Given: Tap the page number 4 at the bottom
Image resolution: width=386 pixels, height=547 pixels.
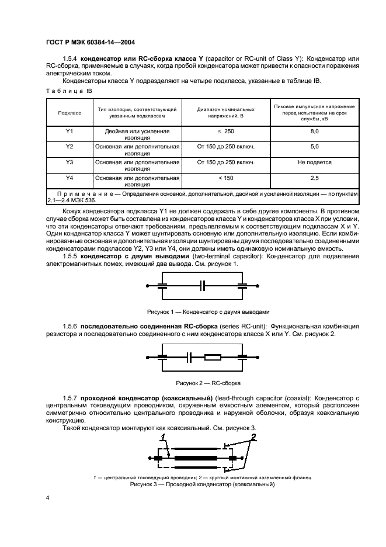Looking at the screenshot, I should (x=48, y=497).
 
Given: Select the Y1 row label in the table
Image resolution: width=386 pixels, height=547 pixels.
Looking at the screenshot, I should (x=69, y=132).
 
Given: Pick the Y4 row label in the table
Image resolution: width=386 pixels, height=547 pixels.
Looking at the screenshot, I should (x=69, y=178).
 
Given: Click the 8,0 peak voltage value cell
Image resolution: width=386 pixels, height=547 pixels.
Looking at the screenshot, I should (x=314, y=132).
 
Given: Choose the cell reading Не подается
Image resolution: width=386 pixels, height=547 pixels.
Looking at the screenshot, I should (x=314, y=162).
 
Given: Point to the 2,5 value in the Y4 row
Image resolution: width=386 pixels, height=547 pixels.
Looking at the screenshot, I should (x=314, y=178).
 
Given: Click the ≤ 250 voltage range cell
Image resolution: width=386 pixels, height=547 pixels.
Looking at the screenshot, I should (x=225, y=132).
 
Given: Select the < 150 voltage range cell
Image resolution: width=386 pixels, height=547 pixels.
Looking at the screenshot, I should (x=225, y=178).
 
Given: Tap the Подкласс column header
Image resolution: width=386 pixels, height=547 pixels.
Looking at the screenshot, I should (x=69, y=112).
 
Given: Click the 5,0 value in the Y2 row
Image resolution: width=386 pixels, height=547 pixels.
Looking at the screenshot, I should (x=314, y=147).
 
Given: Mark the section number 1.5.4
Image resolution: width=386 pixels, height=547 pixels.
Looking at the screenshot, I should (x=70, y=59).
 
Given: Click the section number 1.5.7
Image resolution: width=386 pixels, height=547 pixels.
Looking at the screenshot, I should (x=70, y=398).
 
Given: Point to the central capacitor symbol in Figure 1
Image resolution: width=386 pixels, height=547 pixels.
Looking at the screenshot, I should (x=202, y=286).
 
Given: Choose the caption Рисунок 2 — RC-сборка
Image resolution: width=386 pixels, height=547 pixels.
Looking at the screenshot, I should (x=200, y=383).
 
